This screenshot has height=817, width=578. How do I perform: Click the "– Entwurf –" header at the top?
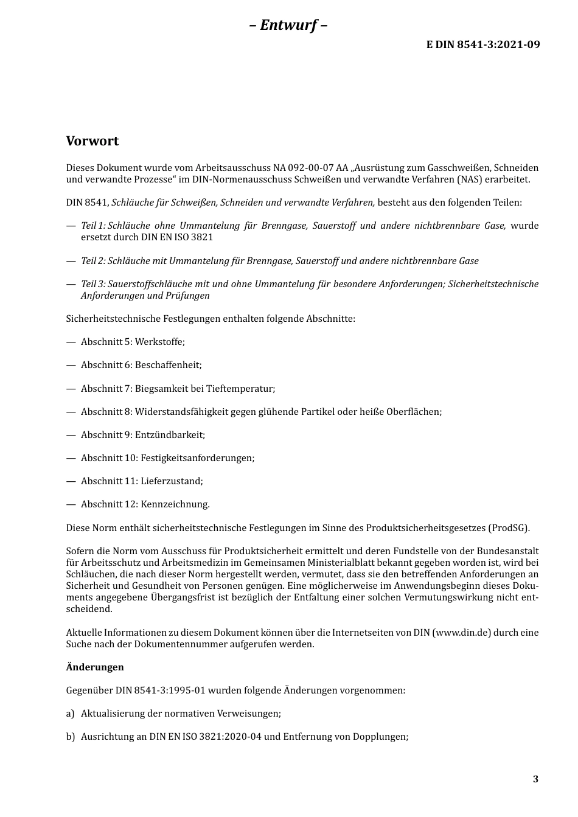pos(288,25)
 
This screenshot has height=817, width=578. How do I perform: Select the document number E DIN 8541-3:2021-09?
pos(482,44)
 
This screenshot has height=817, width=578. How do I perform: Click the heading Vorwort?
pos(92,141)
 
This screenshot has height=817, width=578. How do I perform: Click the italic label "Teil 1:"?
pos(93,226)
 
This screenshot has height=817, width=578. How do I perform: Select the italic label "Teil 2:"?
pos(93,261)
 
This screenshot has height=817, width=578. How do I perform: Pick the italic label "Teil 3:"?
pos(93,284)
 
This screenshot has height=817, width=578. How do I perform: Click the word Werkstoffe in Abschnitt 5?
pos(159,342)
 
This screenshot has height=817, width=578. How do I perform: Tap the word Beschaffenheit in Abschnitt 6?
pos(168,365)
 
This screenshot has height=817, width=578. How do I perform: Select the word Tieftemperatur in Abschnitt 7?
pos(240,389)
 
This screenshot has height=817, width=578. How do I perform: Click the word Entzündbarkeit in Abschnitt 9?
pos(170,435)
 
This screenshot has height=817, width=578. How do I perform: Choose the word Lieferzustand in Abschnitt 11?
pos(172,481)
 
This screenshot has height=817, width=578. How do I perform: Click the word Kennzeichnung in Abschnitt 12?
pos(175,504)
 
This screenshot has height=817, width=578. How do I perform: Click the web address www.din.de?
pos(462,633)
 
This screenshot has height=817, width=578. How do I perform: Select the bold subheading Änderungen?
pos(95,667)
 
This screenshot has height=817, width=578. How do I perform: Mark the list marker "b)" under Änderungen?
pos(70,737)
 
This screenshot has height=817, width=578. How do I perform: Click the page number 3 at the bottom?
pos(535,779)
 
